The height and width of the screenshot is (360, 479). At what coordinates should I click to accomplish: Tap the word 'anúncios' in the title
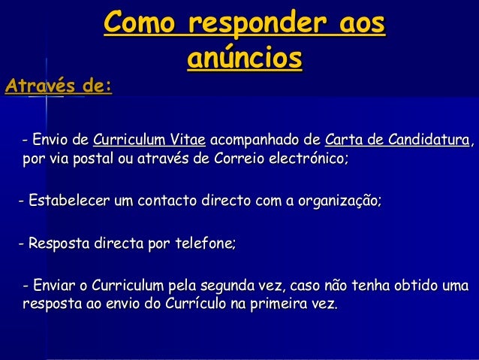click(x=245, y=58)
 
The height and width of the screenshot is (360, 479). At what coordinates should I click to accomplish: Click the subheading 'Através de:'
click(x=59, y=87)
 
